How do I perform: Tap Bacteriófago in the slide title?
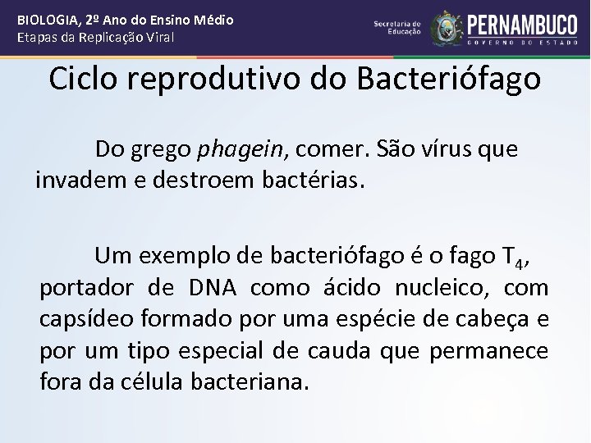449,80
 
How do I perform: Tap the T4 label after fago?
515,258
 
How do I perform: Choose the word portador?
86,289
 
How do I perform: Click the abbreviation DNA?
211,288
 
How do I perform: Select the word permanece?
498,351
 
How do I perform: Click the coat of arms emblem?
447,28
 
